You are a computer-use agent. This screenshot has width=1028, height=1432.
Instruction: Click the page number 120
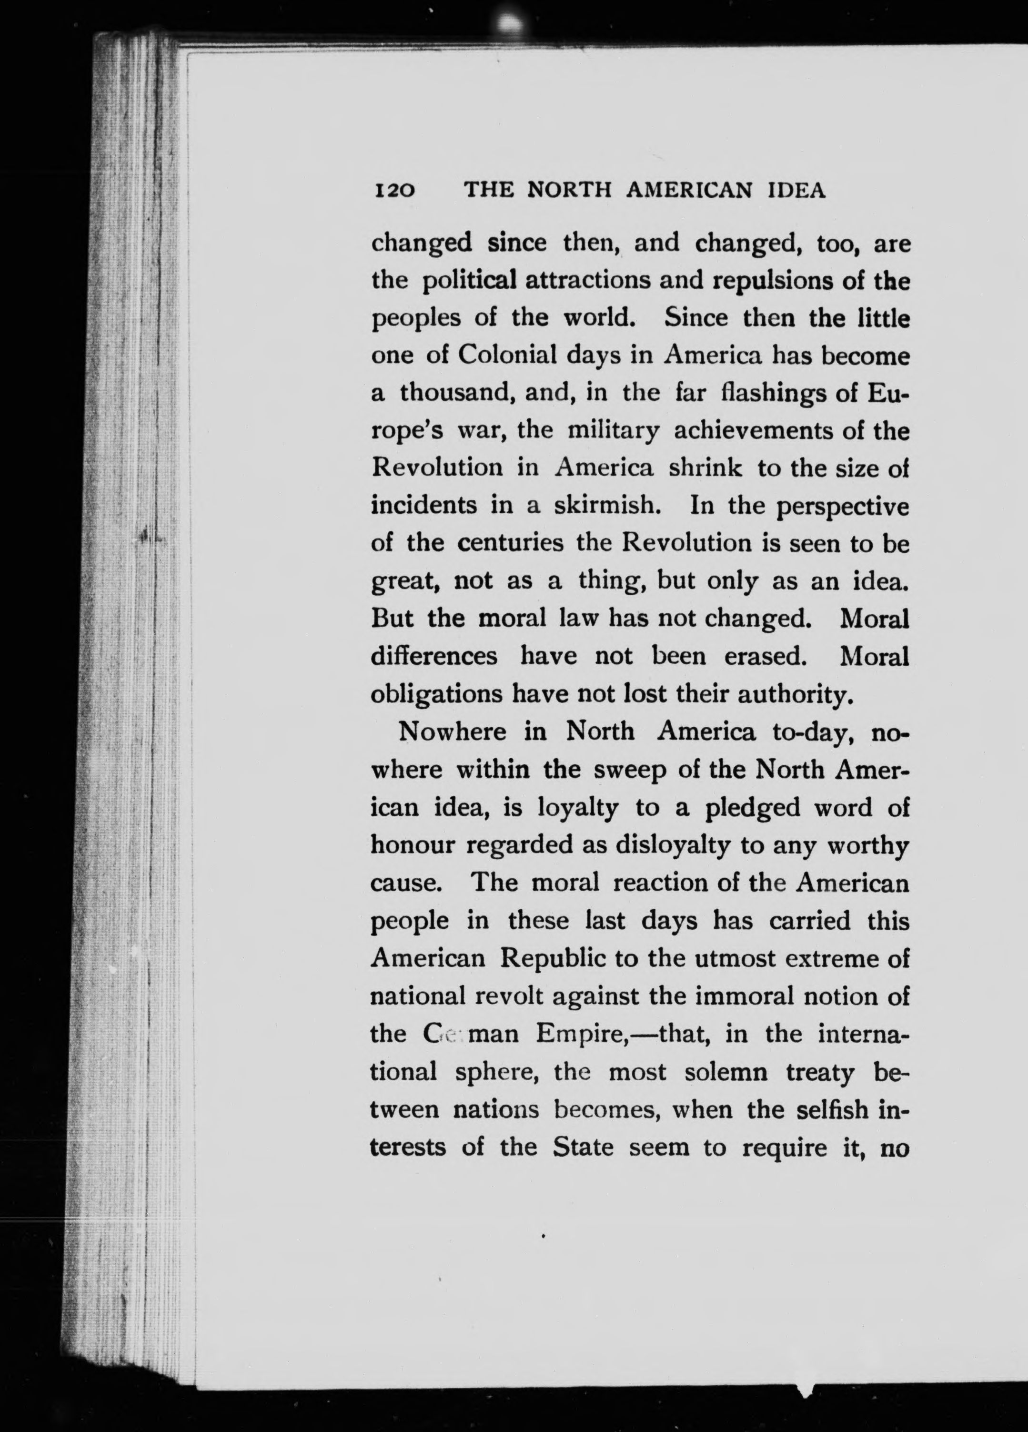[x=394, y=191]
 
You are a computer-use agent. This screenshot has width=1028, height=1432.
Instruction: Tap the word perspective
[x=843, y=507]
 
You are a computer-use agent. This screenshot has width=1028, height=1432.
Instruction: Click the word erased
[x=766, y=657]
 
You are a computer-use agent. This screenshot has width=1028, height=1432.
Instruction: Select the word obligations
[x=436, y=695]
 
